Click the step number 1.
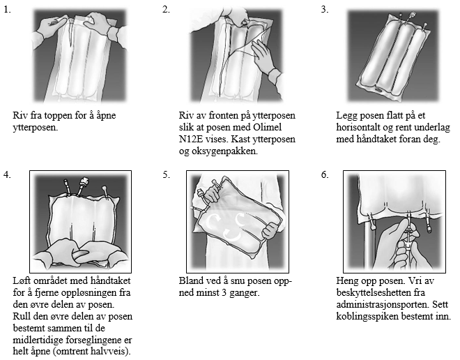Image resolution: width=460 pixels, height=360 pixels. point(7,10)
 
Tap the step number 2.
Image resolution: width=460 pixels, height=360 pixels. point(165,10)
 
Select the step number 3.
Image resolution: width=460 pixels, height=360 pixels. point(324,10)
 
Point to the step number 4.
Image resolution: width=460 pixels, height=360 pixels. point(7,174)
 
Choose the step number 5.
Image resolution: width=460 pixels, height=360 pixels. point(165,174)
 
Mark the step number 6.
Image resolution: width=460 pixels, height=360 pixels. point(324,174)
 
